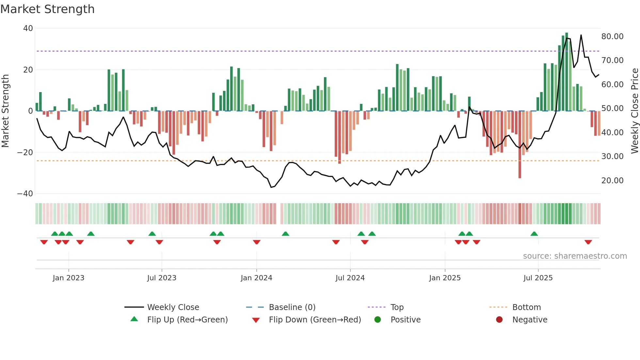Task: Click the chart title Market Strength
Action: click(47, 9)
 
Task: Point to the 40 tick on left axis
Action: click(28, 28)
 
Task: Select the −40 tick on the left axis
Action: click(25, 194)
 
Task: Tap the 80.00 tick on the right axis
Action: click(612, 37)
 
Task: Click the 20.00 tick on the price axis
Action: click(612, 181)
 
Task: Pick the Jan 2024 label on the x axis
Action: click(256, 278)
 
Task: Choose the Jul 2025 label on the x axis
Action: click(538, 278)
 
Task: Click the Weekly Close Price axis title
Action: click(634, 111)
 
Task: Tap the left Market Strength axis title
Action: click(5, 111)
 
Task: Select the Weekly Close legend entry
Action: click(173, 307)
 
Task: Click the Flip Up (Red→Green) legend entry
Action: click(187, 320)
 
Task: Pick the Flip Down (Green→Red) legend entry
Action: click(315, 320)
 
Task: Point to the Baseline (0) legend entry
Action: click(292, 307)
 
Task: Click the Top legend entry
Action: click(397, 307)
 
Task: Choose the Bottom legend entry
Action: click(526, 307)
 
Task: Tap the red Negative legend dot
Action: click(499, 320)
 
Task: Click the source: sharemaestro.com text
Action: click(575, 256)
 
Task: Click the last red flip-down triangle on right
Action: click(588, 242)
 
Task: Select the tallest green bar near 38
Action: click(567, 72)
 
